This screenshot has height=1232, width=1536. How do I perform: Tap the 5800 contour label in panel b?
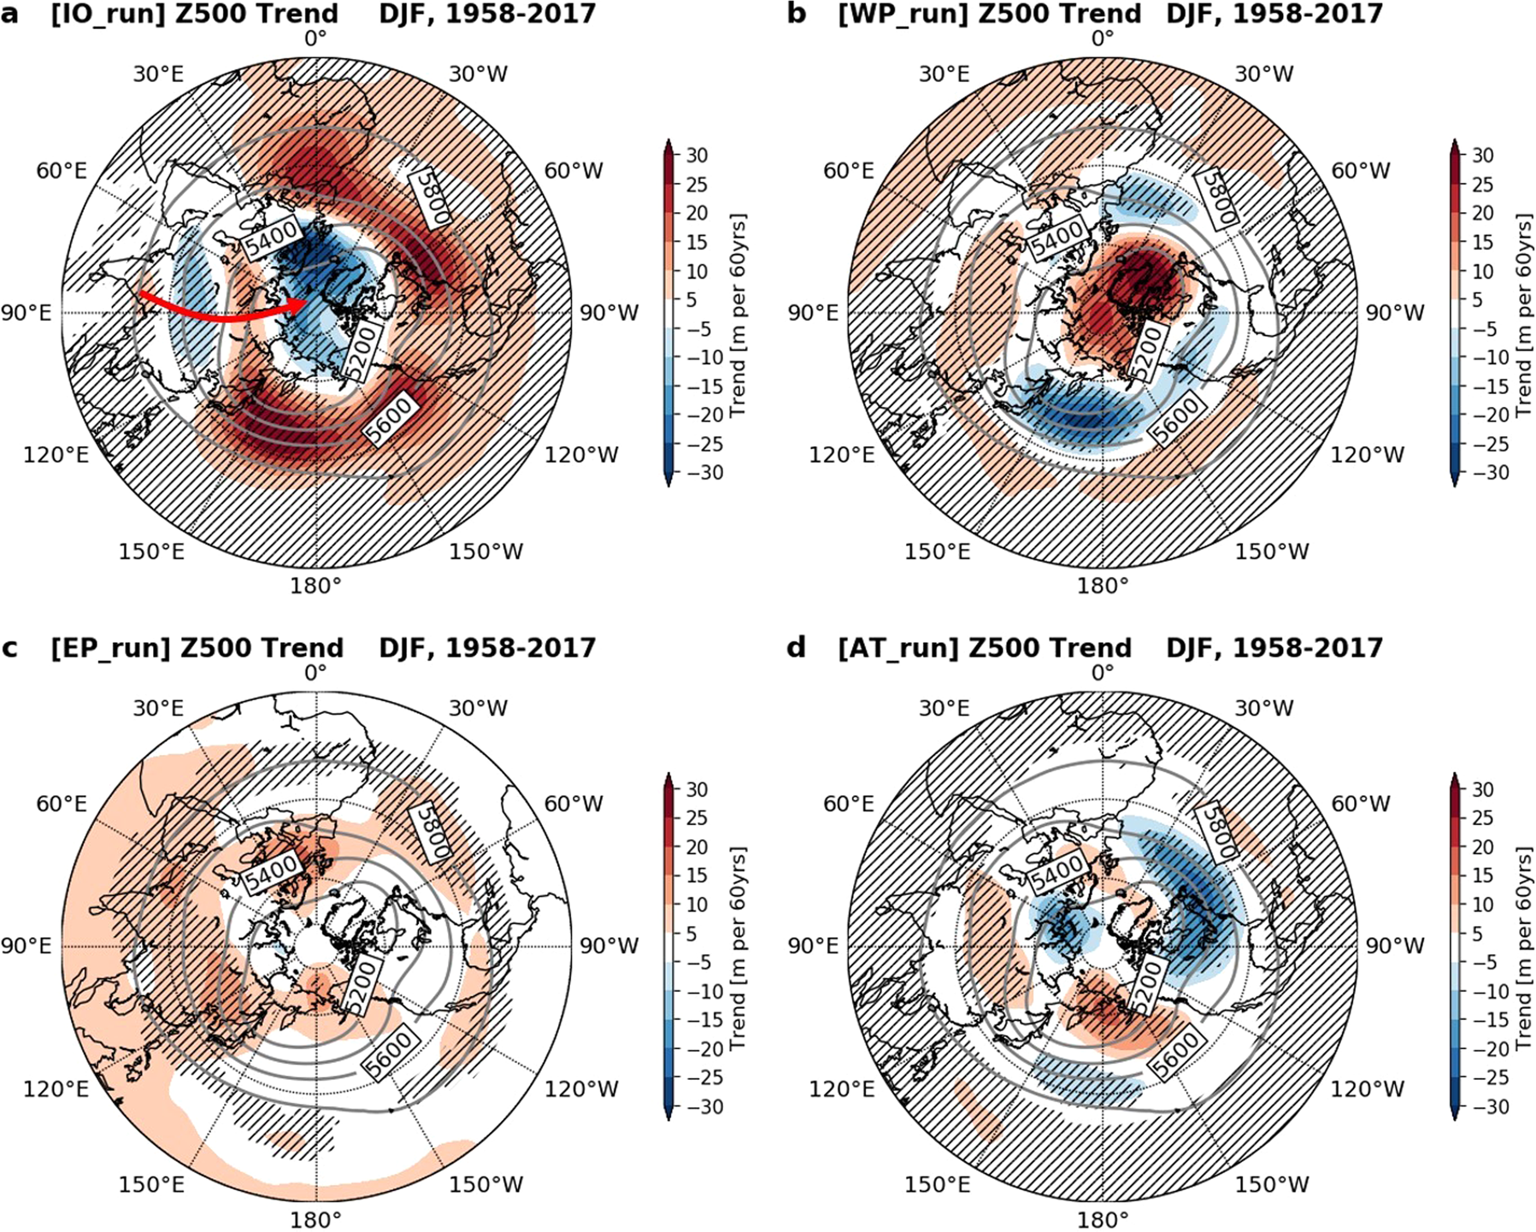(x=1215, y=197)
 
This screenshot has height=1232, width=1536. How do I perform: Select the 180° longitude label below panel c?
(x=316, y=1219)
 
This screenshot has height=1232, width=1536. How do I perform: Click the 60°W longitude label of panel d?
(x=1361, y=805)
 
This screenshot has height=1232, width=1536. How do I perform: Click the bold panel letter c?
(x=10, y=648)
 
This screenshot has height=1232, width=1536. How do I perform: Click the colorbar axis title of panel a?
(x=738, y=315)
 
